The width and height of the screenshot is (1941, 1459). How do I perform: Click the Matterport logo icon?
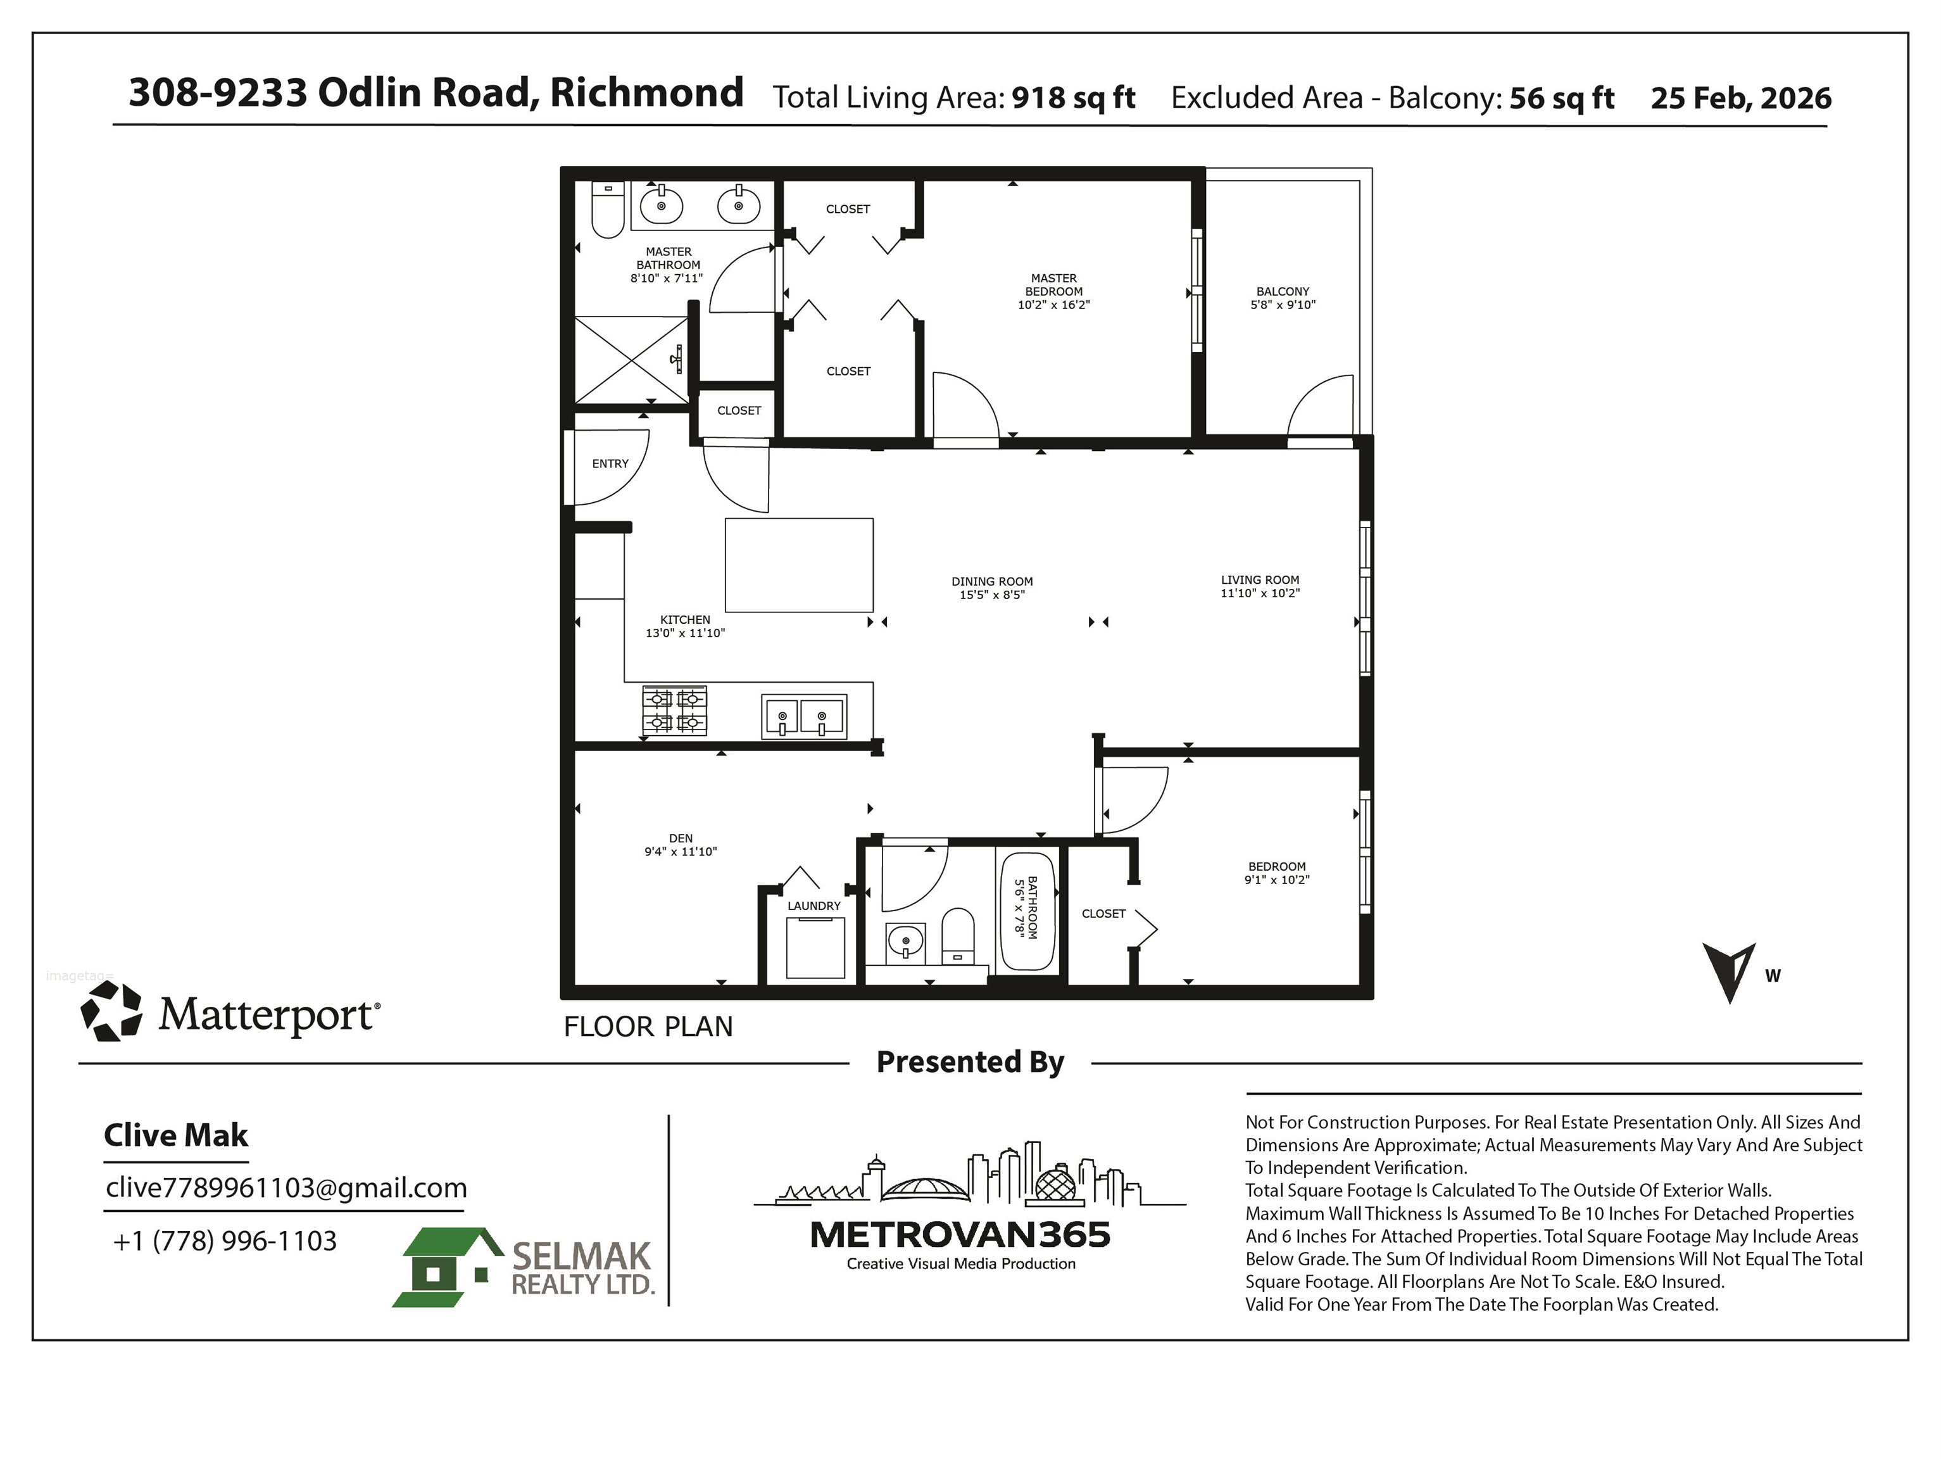point(111,1011)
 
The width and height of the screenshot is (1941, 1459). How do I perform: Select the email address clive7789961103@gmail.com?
point(286,1188)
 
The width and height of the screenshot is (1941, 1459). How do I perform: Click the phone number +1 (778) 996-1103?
point(225,1241)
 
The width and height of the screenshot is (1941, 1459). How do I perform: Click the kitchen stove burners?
point(675,711)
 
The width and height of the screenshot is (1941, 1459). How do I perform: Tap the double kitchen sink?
point(804,716)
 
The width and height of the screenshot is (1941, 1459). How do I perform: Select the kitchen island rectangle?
point(798,564)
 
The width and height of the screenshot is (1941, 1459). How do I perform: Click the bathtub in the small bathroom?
point(1027,911)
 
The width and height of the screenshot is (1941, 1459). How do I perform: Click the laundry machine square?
point(815,947)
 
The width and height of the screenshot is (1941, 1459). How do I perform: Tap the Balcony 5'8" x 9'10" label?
point(1283,298)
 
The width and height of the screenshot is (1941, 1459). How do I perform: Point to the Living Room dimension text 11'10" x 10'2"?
point(1260,593)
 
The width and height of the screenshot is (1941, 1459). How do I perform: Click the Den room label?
point(681,838)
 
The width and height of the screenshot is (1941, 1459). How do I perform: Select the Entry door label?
point(611,464)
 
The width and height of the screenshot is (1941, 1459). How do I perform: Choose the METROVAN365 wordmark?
point(960,1235)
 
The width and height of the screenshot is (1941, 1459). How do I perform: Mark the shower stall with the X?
point(631,360)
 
